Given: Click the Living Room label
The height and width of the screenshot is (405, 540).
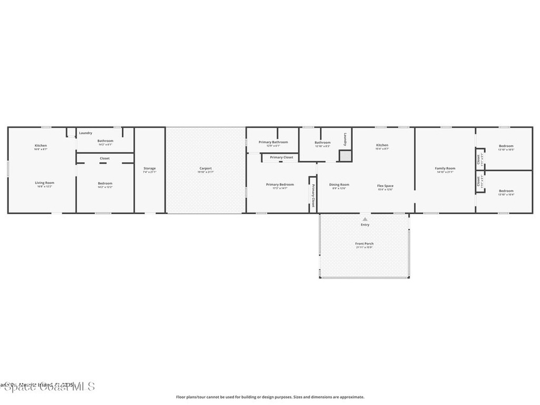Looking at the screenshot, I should (45, 182).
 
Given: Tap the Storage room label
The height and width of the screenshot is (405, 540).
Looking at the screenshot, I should (150, 168).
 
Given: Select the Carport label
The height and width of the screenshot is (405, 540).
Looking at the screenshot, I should (206, 168).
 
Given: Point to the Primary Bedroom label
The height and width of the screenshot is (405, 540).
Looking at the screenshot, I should (279, 185).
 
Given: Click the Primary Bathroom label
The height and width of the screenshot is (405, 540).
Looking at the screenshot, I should (273, 142).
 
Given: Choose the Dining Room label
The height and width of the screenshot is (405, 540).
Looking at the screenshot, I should (339, 185).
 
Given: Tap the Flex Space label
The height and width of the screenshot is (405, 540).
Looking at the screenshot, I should (385, 186).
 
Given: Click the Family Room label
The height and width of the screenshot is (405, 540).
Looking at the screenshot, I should (445, 168).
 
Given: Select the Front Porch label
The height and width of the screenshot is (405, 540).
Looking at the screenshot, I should (364, 244).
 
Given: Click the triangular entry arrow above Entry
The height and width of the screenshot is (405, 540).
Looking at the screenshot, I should (365, 219).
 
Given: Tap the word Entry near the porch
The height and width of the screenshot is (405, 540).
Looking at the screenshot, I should (365, 225).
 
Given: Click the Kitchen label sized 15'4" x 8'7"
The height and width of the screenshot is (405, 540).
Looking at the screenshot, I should (382, 145).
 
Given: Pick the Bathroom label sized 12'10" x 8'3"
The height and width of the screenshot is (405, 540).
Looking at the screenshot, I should (323, 142).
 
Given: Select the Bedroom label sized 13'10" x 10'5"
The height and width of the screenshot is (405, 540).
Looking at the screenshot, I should (506, 146).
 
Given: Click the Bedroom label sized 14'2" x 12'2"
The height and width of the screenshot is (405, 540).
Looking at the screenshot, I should (105, 184).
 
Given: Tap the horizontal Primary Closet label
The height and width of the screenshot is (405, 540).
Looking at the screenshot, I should (282, 157).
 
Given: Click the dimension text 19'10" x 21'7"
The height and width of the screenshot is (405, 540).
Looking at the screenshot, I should (206, 172).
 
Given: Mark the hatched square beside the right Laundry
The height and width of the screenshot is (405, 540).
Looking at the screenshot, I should (345, 156).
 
